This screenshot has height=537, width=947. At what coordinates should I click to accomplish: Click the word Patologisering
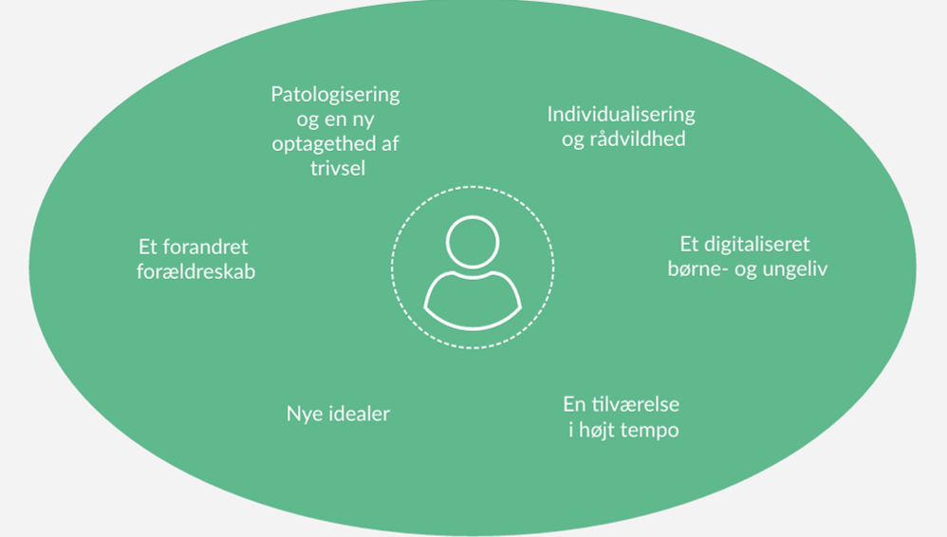(x=335, y=95)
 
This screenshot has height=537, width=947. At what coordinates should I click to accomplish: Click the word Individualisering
(x=621, y=115)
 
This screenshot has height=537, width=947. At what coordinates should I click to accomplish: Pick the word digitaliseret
(x=756, y=244)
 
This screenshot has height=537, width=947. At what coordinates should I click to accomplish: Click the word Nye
(x=302, y=414)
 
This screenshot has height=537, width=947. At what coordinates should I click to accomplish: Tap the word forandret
(x=206, y=247)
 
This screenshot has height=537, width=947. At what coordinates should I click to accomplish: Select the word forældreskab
(x=195, y=271)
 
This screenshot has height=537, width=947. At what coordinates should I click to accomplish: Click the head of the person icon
(x=473, y=242)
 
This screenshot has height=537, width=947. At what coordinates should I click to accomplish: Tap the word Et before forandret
(x=149, y=247)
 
